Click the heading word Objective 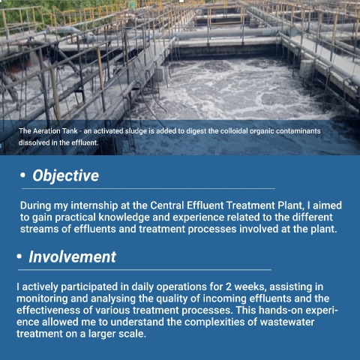coord(66,175)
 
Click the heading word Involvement coord(73,256)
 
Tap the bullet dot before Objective coord(22,175)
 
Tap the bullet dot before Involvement coord(19,256)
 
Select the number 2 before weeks coord(229,286)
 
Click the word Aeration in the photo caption coord(46,131)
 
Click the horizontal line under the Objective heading coord(148,189)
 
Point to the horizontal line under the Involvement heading coord(145,270)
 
